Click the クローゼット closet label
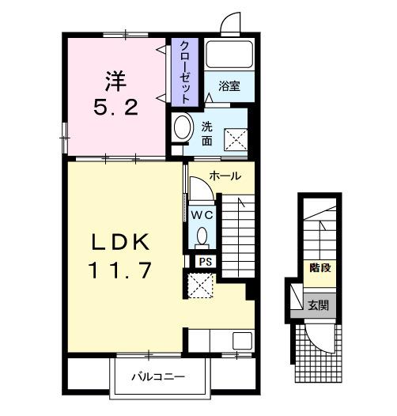185,72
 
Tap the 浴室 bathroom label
229,86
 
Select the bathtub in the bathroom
229,54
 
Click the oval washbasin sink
183,127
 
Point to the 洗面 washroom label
206,134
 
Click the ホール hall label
225,176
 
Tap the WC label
202,215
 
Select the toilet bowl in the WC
202,236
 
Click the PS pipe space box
206,262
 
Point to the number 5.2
116,108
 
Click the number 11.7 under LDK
121,270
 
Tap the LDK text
120,242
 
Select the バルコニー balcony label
158,376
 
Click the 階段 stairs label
320,268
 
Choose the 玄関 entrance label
318,305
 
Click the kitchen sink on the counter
242,341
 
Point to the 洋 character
115,81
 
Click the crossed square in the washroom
236,139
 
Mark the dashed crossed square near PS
200,286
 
